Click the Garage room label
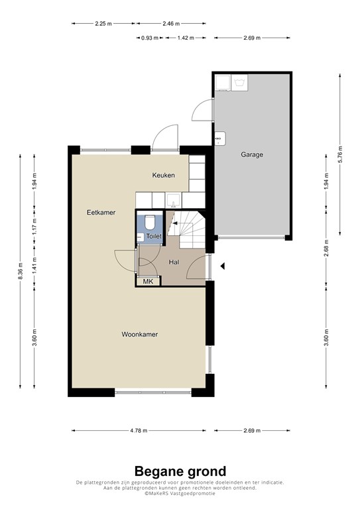click(x=252, y=154)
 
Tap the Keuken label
click(x=163, y=175)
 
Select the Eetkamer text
click(x=101, y=213)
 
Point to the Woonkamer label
click(x=139, y=335)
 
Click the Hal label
click(x=174, y=262)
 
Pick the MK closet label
click(x=148, y=282)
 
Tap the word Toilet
click(x=154, y=236)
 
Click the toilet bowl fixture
click(x=150, y=221)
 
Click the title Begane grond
click(x=180, y=471)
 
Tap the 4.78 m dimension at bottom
click(x=138, y=431)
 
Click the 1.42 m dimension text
click(x=185, y=38)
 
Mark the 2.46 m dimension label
click(x=170, y=23)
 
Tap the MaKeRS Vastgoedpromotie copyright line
click(x=180, y=494)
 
